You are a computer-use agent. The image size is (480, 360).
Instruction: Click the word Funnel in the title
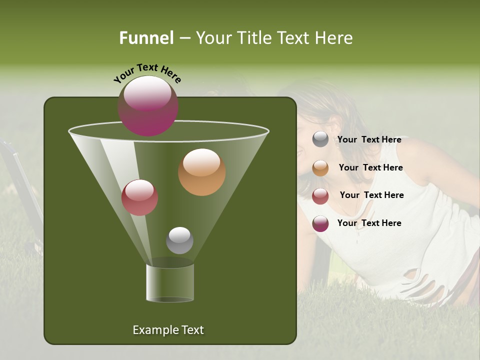(146, 37)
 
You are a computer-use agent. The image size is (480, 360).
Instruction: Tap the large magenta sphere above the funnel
(148, 105)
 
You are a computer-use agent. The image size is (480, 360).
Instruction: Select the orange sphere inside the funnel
(201, 172)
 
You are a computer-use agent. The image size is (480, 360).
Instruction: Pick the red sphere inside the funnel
(140, 197)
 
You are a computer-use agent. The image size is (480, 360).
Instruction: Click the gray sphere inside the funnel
(179, 240)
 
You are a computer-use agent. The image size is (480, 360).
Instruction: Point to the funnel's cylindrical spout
(170, 282)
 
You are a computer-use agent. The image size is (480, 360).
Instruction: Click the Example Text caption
(168, 330)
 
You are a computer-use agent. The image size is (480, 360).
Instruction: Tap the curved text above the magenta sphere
(147, 72)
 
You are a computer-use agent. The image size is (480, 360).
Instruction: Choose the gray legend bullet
(320, 139)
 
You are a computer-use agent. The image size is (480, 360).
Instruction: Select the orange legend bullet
(320, 167)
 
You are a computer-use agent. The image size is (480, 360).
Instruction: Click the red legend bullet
(320, 195)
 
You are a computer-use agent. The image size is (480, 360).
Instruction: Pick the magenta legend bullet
(320, 223)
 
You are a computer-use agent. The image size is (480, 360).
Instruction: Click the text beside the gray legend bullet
(369, 139)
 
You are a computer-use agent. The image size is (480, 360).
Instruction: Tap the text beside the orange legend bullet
(370, 167)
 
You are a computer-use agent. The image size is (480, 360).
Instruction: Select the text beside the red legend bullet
(371, 195)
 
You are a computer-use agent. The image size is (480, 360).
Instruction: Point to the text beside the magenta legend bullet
(369, 223)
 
